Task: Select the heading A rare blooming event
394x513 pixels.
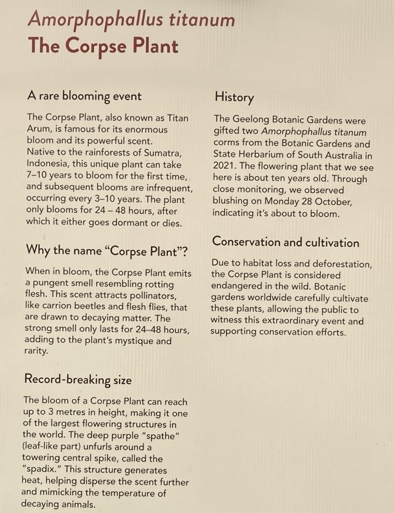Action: (x=84, y=96)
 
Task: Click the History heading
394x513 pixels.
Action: (x=234, y=97)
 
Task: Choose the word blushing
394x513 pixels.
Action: (x=234, y=201)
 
